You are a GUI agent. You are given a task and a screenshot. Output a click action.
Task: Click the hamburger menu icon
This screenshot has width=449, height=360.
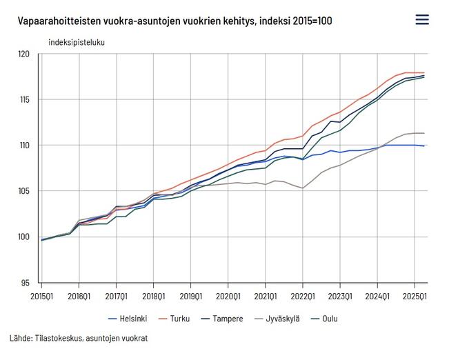pyautogui.click(x=422, y=19)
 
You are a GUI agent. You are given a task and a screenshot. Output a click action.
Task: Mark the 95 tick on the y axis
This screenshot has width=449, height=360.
pyautogui.click(x=26, y=283)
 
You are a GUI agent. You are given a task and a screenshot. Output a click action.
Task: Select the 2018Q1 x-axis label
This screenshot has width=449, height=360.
pyautogui.click(x=153, y=297)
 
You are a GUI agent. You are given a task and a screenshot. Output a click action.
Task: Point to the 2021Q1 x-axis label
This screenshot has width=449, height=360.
pyautogui.click(x=265, y=297)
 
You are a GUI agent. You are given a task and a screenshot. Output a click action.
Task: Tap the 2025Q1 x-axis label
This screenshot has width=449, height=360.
pyautogui.click(x=414, y=297)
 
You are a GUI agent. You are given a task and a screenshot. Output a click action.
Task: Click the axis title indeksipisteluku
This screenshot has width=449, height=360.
pyautogui.click(x=77, y=42)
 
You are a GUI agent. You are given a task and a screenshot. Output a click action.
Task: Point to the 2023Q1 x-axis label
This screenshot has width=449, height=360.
pyautogui.click(x=339, y=297)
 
